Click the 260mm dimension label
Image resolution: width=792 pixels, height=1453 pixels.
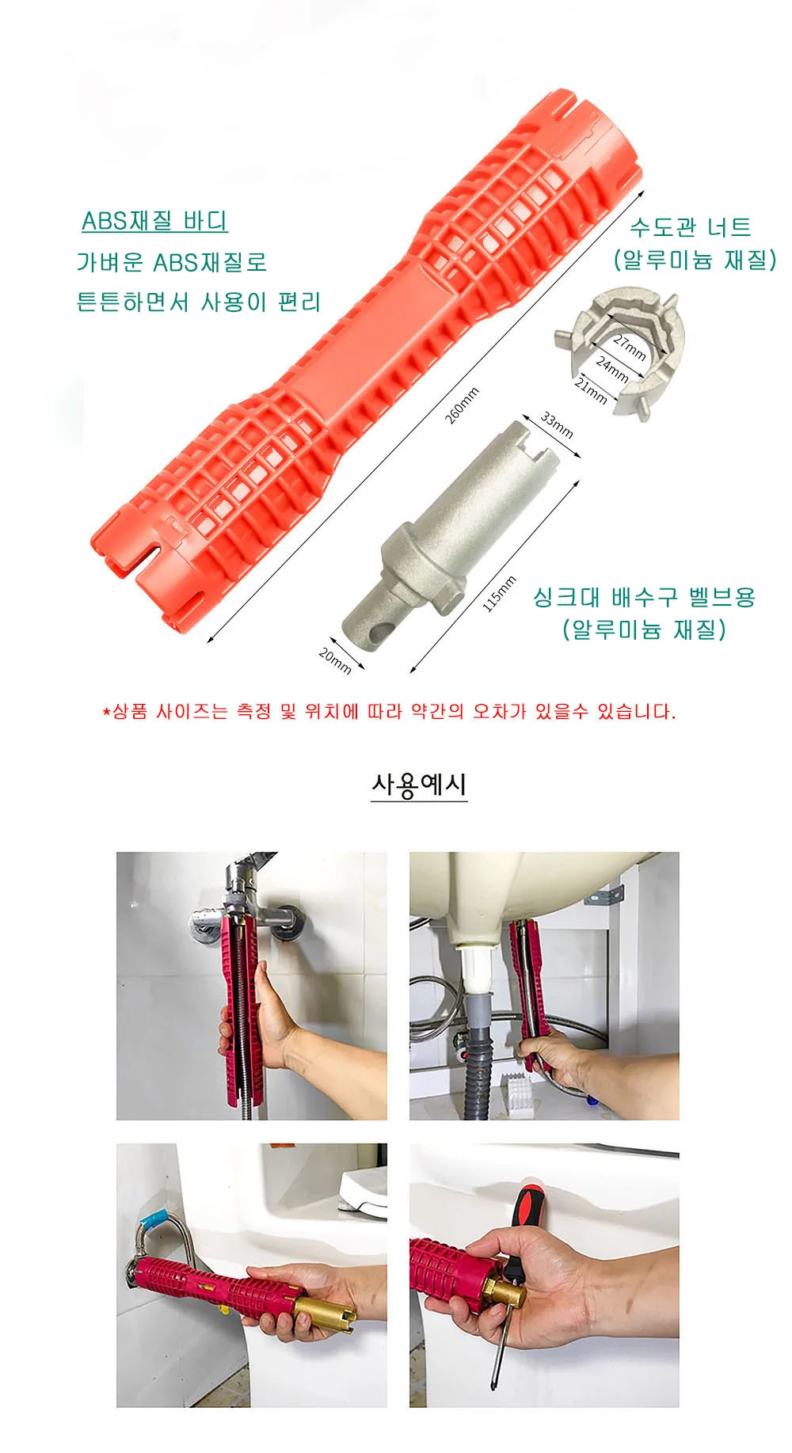[x=463, y=405]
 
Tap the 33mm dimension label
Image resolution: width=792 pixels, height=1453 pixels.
[x=557, y=424]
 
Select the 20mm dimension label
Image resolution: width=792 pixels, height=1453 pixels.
[x=335, y=660]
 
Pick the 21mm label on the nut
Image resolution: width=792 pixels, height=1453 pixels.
[x=591, y=390]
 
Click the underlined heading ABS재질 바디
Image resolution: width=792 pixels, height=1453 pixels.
[x=154, y=221]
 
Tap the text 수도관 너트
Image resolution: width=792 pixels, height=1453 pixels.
[x=690, y=227]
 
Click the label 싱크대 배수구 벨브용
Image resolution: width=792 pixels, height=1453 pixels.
[x=645, y=596]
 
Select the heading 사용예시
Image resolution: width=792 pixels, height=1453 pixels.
[x=419, y=784]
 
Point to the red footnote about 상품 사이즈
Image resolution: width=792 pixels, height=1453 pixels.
[x=389, y=711]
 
